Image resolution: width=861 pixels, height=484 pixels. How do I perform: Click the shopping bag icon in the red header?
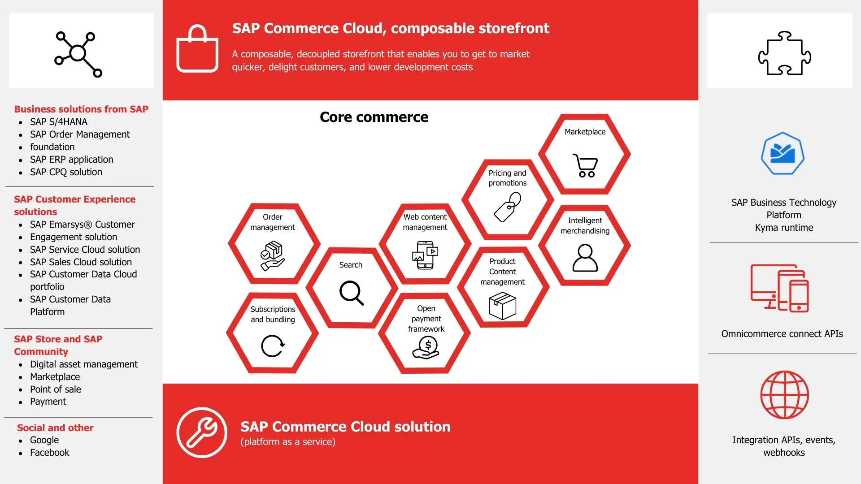[x=197, y=49]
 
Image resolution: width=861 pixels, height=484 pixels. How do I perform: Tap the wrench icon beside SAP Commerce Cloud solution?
[x=202, y=432]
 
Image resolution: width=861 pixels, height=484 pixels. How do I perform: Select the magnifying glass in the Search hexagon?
[x=351, y=293]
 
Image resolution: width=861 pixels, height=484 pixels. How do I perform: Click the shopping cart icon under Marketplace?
[x=585, y=165]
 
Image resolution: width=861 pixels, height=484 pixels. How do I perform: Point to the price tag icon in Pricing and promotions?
[x=508, y=207]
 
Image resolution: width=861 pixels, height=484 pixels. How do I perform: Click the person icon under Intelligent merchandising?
[x=585, y=258]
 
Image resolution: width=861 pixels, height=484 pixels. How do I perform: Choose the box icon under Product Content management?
[x=502, y=306]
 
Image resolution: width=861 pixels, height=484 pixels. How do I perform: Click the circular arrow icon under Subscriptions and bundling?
[x=273, y=346]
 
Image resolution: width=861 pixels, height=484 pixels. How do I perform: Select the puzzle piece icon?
[x=784, y=53]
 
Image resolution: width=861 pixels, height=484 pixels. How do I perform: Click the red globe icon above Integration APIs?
[x=784, y=395]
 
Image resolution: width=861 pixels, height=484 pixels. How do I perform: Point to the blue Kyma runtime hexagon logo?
[x=783, y=153]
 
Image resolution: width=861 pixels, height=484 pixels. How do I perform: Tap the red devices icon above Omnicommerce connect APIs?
[x=780, y=288]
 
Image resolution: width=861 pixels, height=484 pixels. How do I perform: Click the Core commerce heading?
[x=374, y=117]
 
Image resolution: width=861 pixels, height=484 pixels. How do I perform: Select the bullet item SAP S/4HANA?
[x=59, y=122]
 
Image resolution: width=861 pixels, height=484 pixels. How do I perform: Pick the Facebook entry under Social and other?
[x=50, y=453]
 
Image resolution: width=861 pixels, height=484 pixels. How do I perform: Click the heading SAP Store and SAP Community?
[x=58, y=345]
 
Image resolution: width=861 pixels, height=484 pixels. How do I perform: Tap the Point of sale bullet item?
[x=56, y=389]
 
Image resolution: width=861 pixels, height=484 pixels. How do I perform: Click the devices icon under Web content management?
[x=425, y=255]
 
